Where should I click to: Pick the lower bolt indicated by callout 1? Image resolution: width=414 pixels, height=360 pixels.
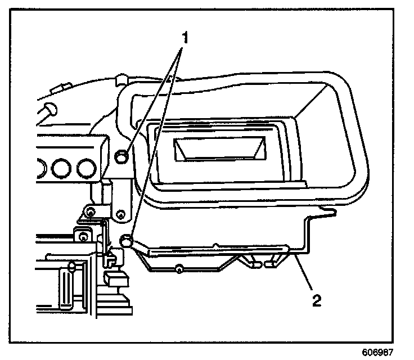point(127,241)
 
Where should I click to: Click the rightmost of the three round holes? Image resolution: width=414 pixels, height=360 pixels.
point(85,168)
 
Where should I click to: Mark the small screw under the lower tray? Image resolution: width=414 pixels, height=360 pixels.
point(178,269)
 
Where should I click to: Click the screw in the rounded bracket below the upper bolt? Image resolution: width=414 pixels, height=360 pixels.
point(120,214)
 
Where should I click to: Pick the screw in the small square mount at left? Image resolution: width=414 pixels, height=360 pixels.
point(83,236)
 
